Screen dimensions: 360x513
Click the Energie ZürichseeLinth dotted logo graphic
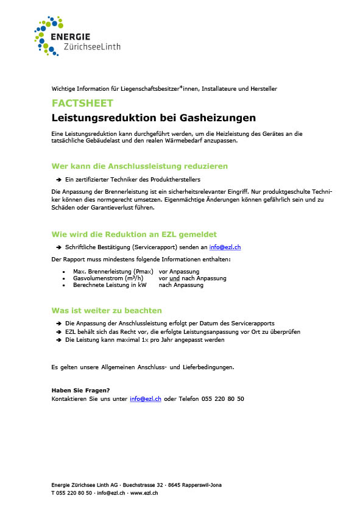pyautogui.click(x=48, y=35)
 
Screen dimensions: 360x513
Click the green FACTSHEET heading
pyautogui.click(x=74, y=104)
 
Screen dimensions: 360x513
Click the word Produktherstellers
pyautogui.click(x=178, y=180)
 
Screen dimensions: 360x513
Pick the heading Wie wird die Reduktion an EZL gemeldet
pyautogui.click(x=134, y=234)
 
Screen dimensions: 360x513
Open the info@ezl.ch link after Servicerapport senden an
pyautogui.click(x=225, y=247)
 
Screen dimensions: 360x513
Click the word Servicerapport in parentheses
pyautogui.click(x=146, y=247)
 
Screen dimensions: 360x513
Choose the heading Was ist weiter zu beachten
pyautogui.click(x=107, y=310)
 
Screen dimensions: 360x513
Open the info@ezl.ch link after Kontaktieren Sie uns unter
pyautogui.click(x=146, y=398)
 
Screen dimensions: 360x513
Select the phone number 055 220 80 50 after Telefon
pyautogui.click(x=223, y=398)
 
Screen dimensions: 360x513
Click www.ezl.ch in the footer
pyautogui.click(x=144, y=493)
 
